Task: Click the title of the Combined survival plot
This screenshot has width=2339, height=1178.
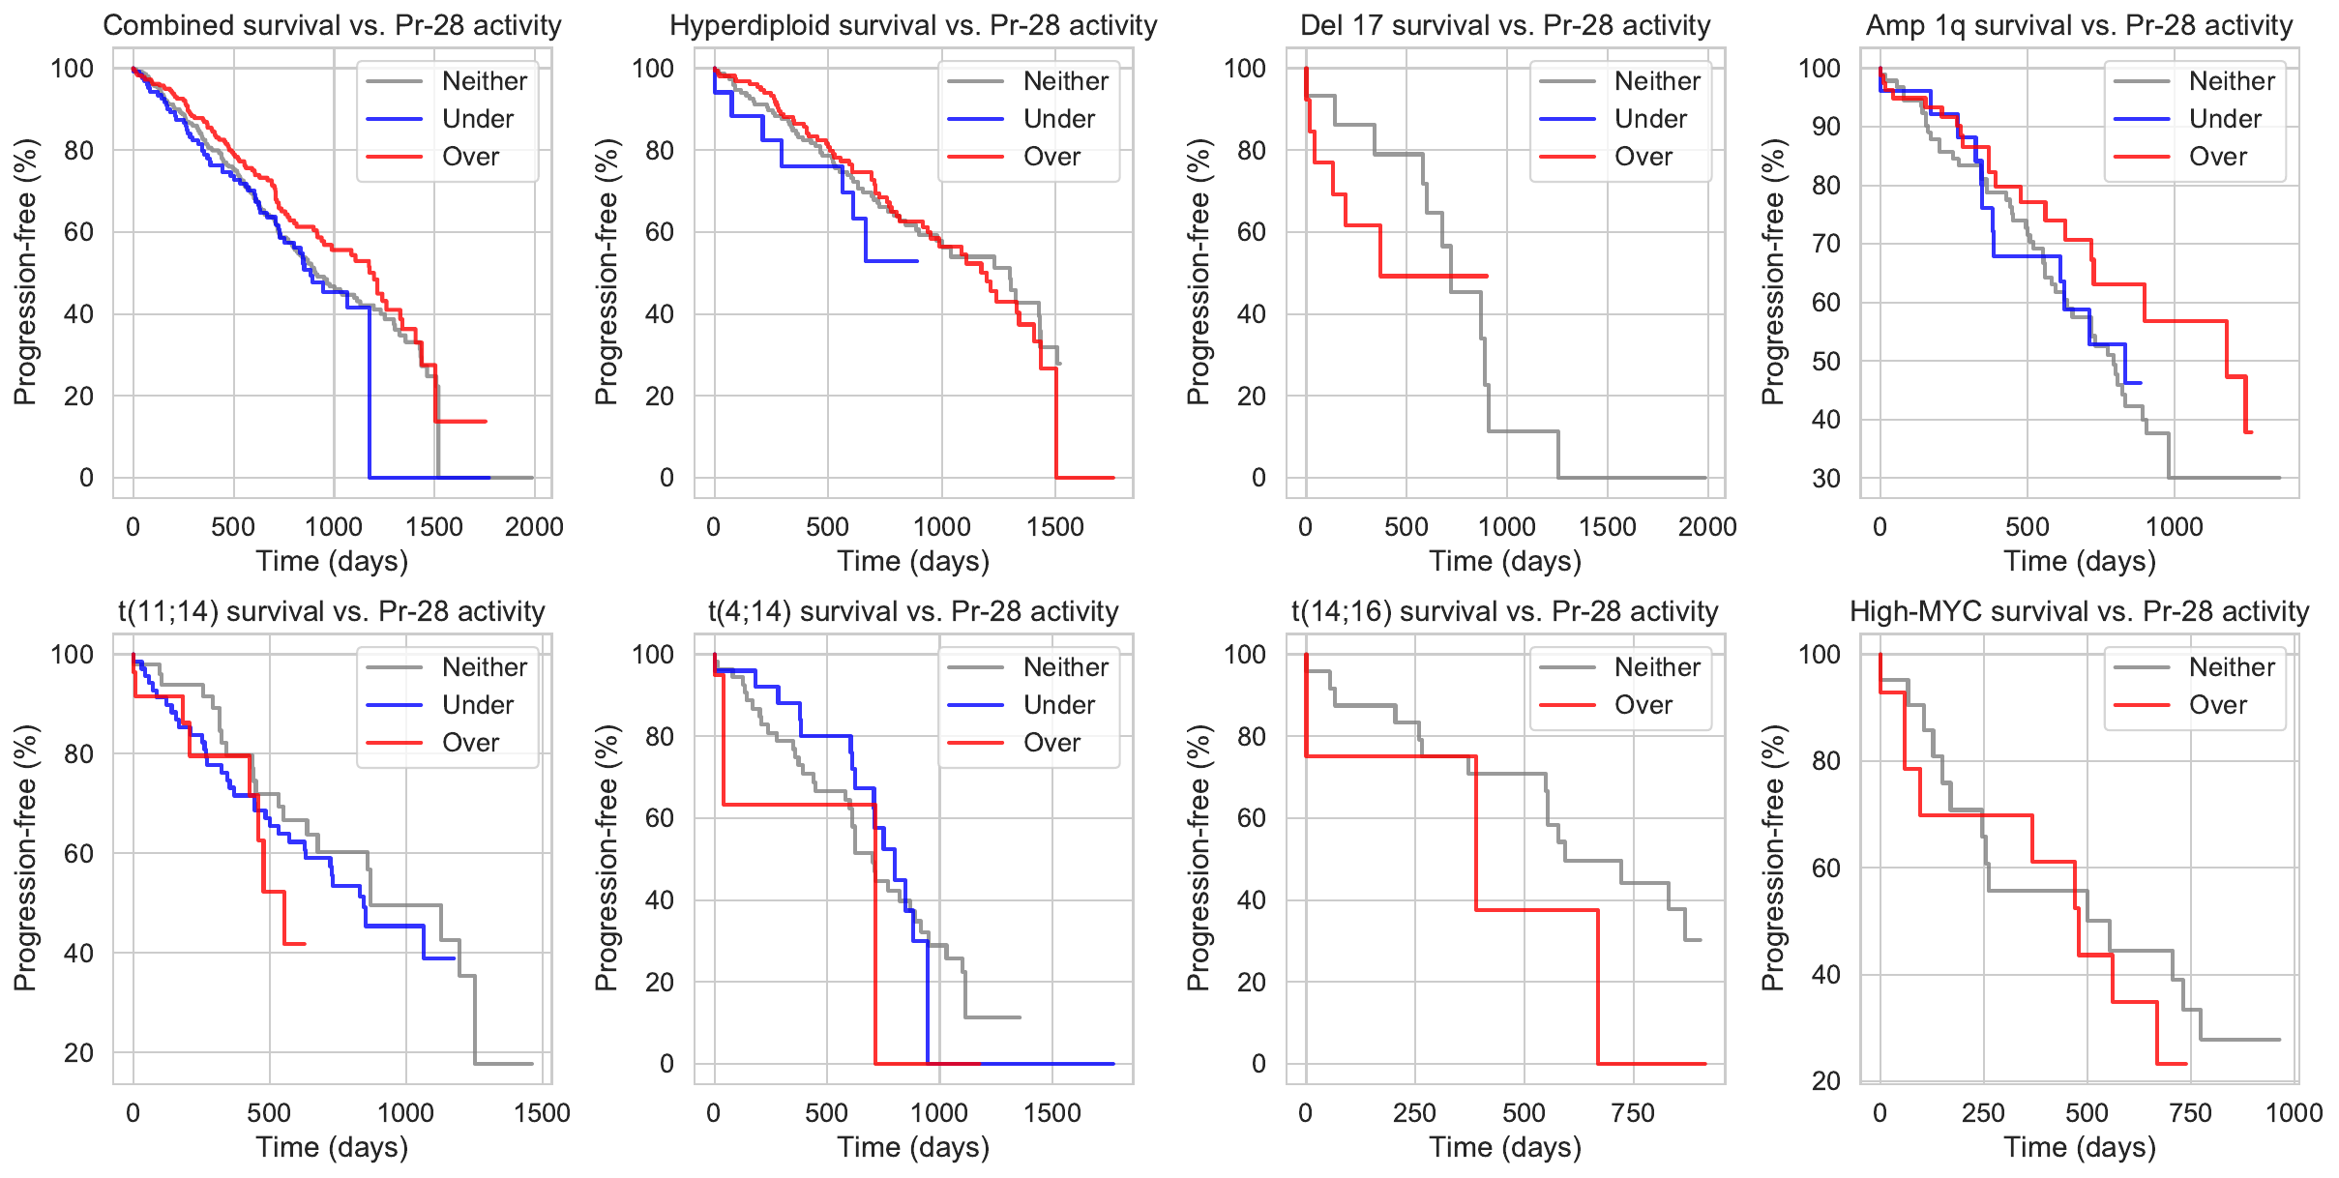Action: [x=332, y=25]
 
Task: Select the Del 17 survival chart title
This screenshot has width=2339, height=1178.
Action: [x=1504, y=25]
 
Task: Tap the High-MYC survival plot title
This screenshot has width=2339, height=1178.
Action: [x=2079, y=611]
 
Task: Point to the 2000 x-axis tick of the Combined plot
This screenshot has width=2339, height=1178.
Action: [x=534, y=527]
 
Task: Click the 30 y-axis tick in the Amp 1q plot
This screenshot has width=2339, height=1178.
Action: [x=1825, y=478]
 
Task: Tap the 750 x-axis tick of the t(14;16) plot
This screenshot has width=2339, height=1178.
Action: [x=1633, y=1113]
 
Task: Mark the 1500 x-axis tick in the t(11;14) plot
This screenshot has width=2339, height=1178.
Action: [x=542, y=1113]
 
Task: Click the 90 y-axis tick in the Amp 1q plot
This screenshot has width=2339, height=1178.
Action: [x=1825, y=127]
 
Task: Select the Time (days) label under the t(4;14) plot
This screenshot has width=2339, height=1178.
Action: [x=913, y=1147]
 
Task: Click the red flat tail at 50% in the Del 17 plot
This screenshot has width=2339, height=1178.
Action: [x=1432, y=277]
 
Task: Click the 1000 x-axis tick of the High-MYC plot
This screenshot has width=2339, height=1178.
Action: [x=2294, y=1113]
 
